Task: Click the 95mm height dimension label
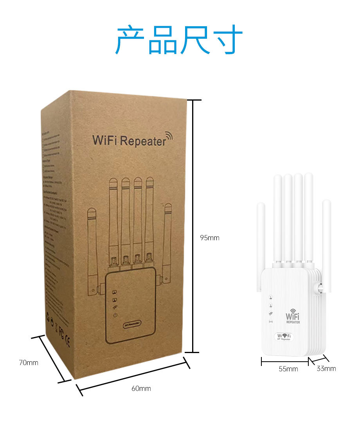pos(209,238)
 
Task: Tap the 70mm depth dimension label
pos(29,362)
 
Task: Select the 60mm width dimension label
pos(141,388)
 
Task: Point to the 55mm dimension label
pos(288,369)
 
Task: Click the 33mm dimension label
pos(326,368)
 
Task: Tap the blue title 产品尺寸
pos(179,40)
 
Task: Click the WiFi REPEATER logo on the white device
pos(293,316)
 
